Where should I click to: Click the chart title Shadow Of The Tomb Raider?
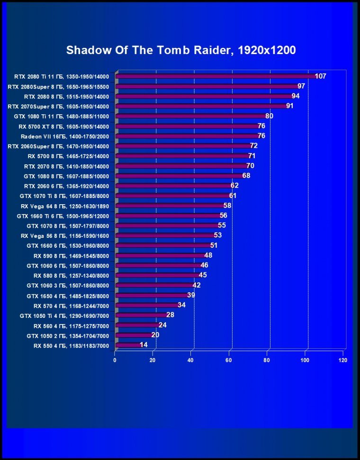[180, 50]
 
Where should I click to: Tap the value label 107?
[321, 76]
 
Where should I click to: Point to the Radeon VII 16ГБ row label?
[65, 136]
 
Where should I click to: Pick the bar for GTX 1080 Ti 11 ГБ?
[190, 116]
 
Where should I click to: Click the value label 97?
[301, 86]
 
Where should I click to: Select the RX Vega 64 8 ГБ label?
[65, 206]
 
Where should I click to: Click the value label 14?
[144, 345]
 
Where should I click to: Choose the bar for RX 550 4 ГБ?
[127, 345]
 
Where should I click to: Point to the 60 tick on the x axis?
[228, 361]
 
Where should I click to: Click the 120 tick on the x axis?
[342, 361]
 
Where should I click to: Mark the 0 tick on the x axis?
[115, 361]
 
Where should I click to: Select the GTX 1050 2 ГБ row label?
[68, 335]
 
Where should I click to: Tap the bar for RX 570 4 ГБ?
[146, 305]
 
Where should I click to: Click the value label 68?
[246, 176]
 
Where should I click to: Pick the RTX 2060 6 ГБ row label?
[66, 186]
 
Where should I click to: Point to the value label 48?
[208, 255]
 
